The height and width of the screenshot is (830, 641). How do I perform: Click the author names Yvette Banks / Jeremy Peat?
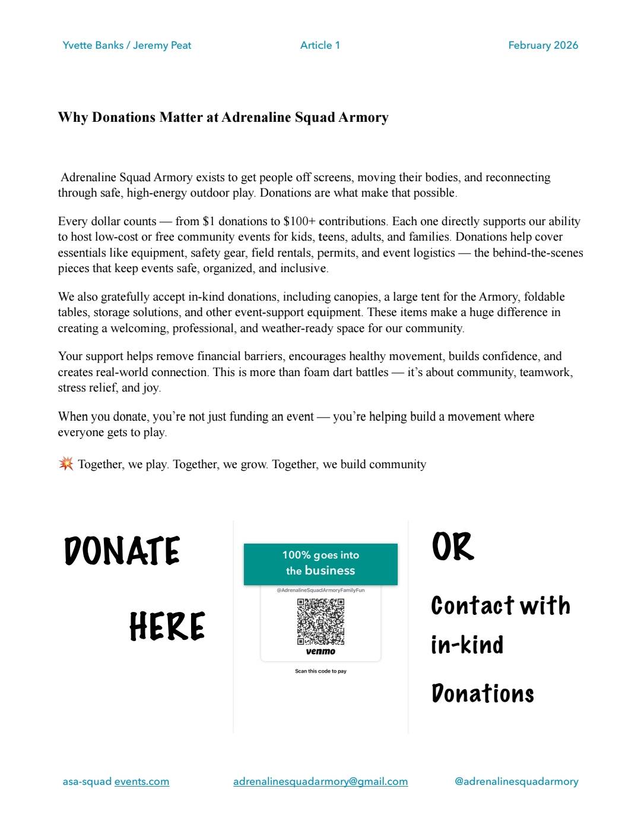pyautogui.click(x=126, y=45)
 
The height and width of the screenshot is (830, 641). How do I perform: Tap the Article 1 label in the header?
pyautogui.click(x=320, y=45)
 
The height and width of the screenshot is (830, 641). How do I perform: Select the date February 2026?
pyautogui.click(x=543, y=45)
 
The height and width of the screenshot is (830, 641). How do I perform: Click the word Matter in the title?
pyautogui.click(x=181, y=117)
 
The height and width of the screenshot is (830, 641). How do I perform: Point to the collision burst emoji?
pyautogui.click(x=66, y=463)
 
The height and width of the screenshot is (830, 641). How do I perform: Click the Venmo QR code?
pyautogui.click(x=320, y=621)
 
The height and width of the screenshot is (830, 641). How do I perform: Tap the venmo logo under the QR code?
pyautogui.click(x=320, y=652)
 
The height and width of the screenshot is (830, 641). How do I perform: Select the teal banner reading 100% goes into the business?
pyautogui.click(x=320, y=563)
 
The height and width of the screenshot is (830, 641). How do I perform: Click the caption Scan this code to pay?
pyautogui.click(x=320, y=671)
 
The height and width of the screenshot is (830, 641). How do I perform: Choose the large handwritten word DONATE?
pyautogui.click(x=122, y=551)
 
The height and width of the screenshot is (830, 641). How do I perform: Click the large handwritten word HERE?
pyautogui.click(x=167, y=626)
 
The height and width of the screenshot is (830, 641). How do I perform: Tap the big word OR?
pyautogui.click(x=453, y=547)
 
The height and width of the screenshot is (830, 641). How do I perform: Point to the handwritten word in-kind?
pyautogui.click(x=467, y=645)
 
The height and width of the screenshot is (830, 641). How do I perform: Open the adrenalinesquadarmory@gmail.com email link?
pyautogui.click(x=320, y=781)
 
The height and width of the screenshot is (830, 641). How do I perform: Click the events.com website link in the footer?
pyautogui.click(x=142, y=781)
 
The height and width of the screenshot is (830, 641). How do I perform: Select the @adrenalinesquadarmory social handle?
pyautogui.click(x=516, y=781)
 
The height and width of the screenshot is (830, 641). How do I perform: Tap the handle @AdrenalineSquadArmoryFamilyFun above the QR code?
pyautogui.click(x=320, y=590)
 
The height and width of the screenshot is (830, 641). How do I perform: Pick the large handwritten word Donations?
pyautogui.click(x=483, y=693)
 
